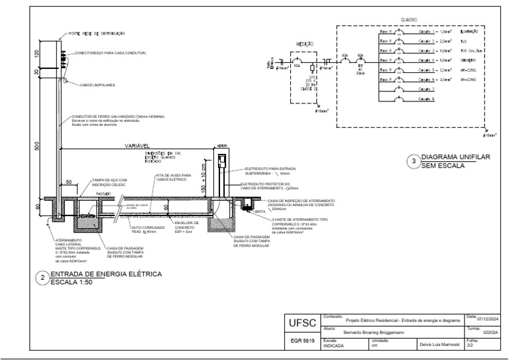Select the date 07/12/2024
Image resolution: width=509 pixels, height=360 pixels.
pyautogui.click(x=482, y=319)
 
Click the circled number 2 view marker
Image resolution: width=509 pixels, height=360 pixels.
pyautogui.click(x=42, y=277)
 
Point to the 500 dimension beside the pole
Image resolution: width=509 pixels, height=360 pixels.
pyautogui.click(x=37, y=145)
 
